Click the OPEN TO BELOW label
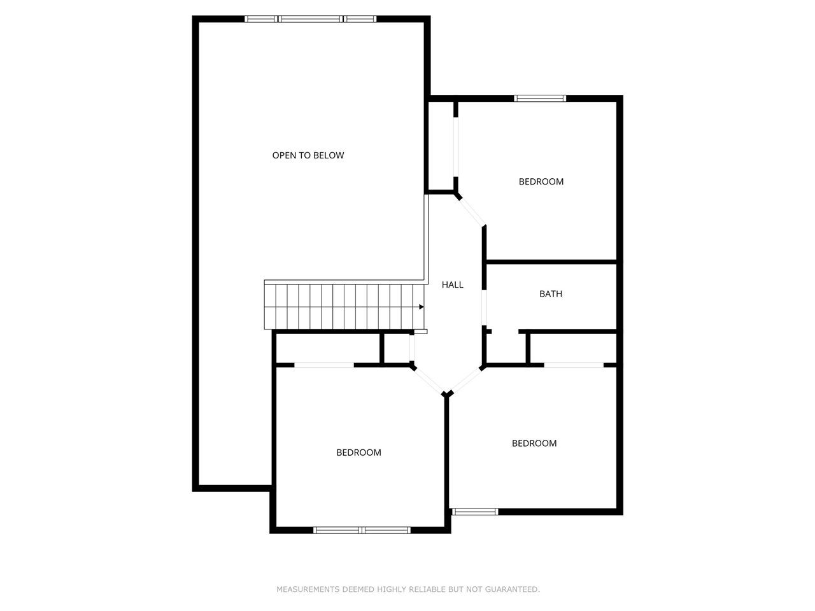(x=308, y=155)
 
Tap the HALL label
(x=453, y=284)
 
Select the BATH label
(x=551, y=294)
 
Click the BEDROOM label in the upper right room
(x=541, y=181)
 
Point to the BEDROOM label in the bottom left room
(x=358, y=453)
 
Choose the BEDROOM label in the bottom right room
(x=534, y=444)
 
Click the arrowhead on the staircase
(x=421, y=307)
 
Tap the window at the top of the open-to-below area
(x=311, y=19)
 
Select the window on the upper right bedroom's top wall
(x=540, y=98)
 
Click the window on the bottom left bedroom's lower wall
(x=362, y=530)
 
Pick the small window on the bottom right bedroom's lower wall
(x=474, y=511)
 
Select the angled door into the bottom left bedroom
(x=429, y=379)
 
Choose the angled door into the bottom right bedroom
(x=466, y=380)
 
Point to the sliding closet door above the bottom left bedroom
(x=324, y=365)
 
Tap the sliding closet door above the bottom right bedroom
(x=574, y=365)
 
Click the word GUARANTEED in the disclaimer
(x=512, y=589)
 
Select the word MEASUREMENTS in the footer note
(x=308, y=589)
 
